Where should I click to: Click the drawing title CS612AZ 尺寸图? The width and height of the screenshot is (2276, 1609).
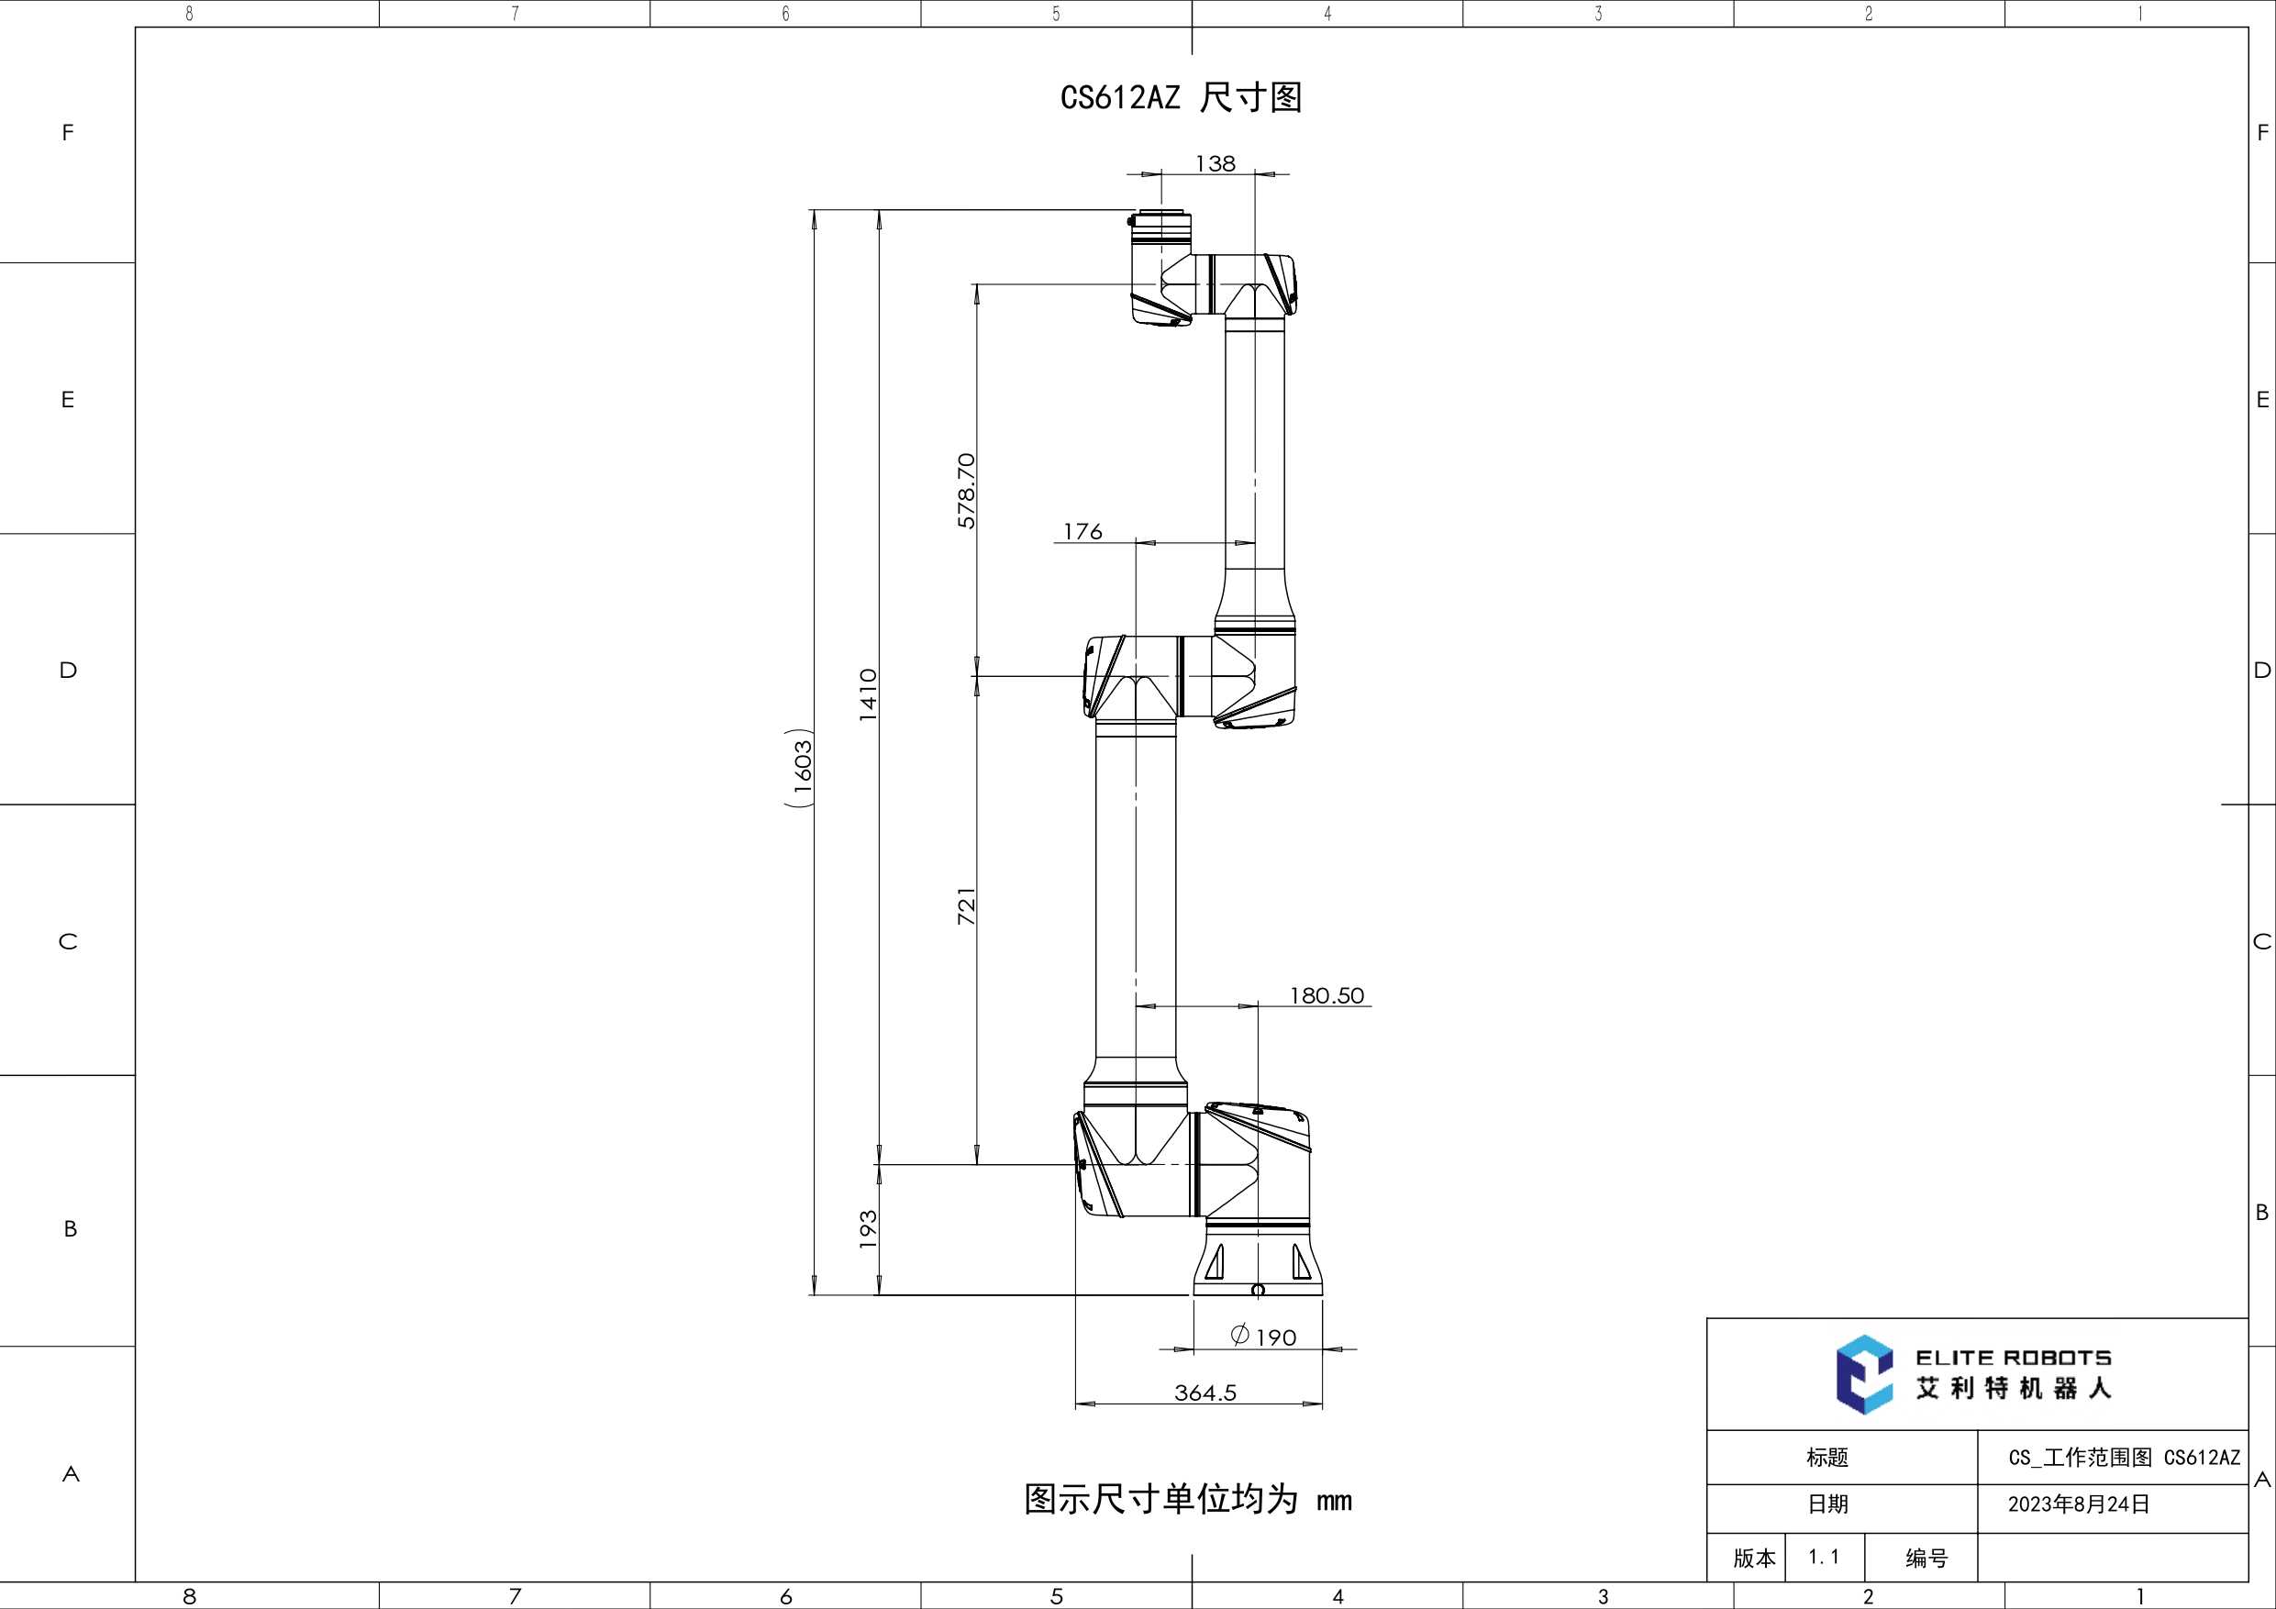click(x=1181, y=97)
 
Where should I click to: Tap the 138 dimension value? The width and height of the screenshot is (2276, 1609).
click(x=1216, y=163)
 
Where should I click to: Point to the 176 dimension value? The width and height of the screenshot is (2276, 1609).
click(x=1082, y=532)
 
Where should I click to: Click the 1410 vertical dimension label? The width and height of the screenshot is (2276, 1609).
click(x=869, y=694)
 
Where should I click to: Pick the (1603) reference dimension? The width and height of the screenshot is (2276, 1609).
click(x=801, y=769)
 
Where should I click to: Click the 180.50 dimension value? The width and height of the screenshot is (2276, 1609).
click(x=1327, y=995)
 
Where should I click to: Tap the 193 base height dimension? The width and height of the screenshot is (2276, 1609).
click(x=869, y=1229)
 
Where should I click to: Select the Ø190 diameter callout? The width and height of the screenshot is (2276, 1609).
click(x=1264, y=1337)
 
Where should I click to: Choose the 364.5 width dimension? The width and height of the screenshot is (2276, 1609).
click(x=1205, y=1393)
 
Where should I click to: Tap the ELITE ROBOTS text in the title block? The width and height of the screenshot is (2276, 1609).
click(x=2014, y=1357)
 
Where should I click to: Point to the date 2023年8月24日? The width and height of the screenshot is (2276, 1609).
click(x=2079, y=1504)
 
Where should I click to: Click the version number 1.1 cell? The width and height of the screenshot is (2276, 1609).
click(x=1823, y=1557)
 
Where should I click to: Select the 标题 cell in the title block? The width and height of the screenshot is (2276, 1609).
click(x=1826, y=1458)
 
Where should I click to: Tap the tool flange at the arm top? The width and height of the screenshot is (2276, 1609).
click(x=1160, y=227)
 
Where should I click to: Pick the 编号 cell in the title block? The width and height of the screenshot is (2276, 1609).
click(x=1926, y=1559)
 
